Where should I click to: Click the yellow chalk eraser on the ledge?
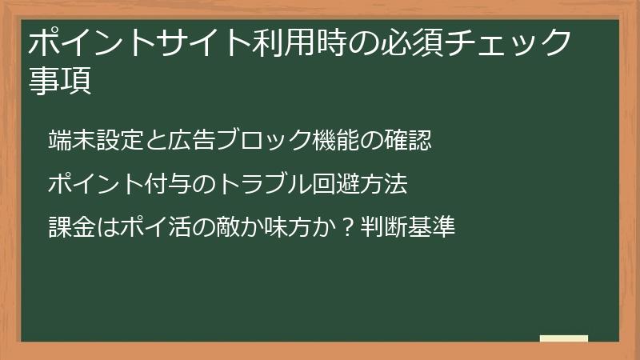[x=564, y=338]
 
